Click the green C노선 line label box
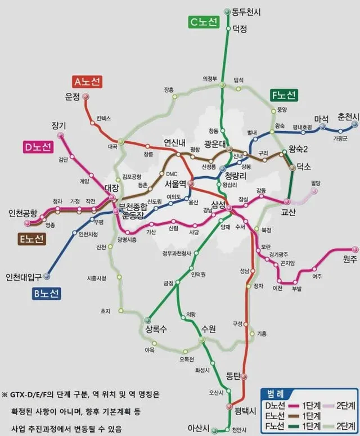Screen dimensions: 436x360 (x=203, y=23)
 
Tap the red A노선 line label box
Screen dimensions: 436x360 (x=87, y=82)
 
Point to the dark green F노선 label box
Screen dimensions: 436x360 (x=284, y=95)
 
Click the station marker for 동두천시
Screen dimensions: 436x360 (x=227, y=11)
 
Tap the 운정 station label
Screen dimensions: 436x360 (x=73, y=97)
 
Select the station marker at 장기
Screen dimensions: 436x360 (x=61, y=136)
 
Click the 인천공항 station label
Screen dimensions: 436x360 (x=22, y=213)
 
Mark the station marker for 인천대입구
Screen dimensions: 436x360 (x=47, y=276)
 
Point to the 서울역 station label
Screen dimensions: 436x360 (x=175, y=183)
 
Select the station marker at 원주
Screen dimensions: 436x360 (x=355, y=249)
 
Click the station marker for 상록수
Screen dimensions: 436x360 (x=148, y=321)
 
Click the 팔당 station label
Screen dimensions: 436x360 (x=316, y=183)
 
